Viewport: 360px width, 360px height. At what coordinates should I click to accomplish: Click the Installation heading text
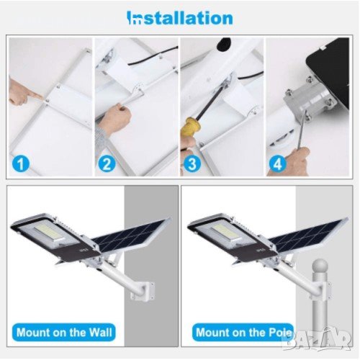click(x=180, y=18)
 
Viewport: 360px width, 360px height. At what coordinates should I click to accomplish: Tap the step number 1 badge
click(x=21, y=163)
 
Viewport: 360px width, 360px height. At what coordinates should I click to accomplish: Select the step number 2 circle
click(x=107, y=163)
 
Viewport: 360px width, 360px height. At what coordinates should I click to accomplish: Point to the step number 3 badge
click(x=192, y=163)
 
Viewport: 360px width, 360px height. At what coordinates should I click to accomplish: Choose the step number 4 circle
click(x=278, y=163)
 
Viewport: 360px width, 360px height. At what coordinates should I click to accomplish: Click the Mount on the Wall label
click(x=64, y=333)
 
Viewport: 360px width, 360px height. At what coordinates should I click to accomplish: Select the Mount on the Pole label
click(x=243, y=333)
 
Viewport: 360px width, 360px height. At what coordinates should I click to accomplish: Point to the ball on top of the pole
click(x=320, y=266)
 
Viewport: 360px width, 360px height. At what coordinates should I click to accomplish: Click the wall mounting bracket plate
click(x=143, y=291)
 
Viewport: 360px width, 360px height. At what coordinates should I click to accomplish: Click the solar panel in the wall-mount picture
click(x=132, y=235)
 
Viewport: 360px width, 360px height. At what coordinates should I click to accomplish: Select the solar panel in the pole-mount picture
click(x=308, y=235)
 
